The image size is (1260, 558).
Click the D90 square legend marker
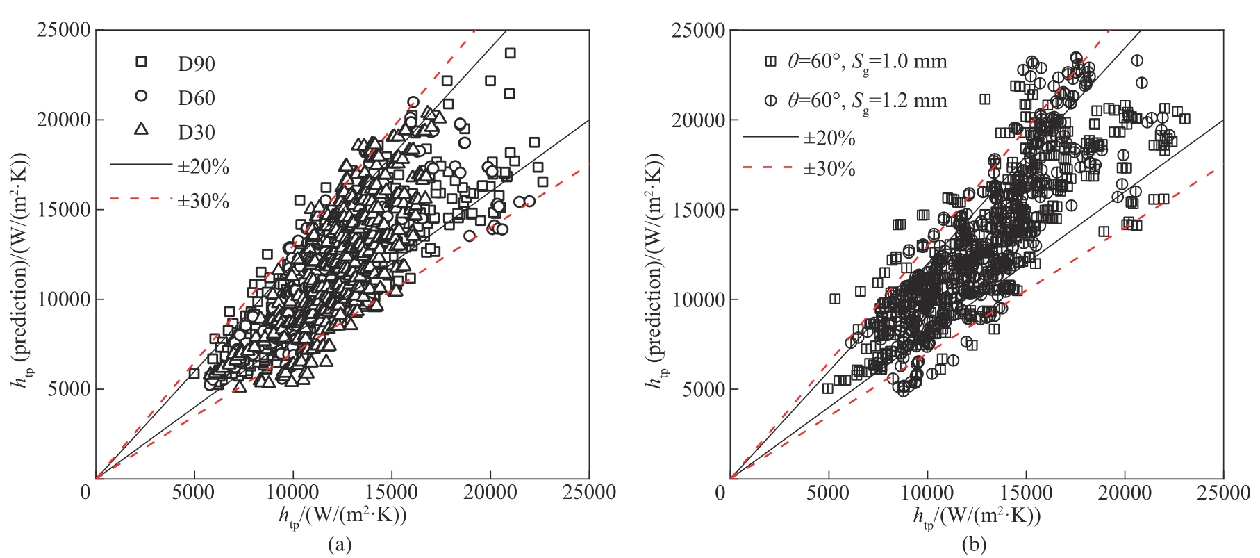(141, 62)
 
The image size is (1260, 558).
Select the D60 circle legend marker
(141, 96)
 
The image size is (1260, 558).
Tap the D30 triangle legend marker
(141, 129)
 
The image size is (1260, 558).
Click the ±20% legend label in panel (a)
(203, 167)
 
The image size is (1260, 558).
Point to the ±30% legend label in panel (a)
(203, 202)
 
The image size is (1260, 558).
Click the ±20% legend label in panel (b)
(829, 138)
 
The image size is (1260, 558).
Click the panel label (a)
(340, 544)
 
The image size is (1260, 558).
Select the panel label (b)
(974, 544)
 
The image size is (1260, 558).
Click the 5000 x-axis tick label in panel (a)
(193, 493)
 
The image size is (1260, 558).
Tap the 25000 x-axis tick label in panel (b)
(1223, 493)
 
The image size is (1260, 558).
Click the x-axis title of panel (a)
(342, 516)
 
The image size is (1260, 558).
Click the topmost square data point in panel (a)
(510, 53)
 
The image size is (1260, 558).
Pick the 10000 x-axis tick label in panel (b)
(927, 493)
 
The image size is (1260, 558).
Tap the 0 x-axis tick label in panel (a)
(86, 493)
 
